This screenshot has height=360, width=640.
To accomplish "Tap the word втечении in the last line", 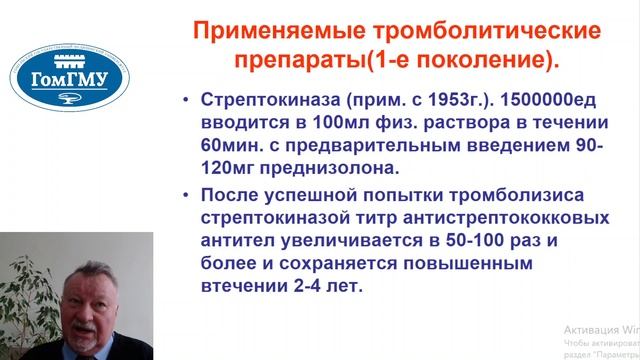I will (240, 285).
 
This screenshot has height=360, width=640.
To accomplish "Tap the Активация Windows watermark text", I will (600, 329).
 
